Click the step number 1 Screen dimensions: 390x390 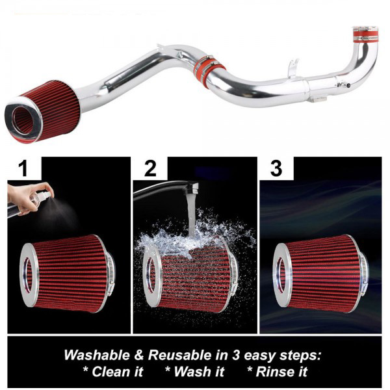click(x=23, y=168)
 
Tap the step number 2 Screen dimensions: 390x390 click(x=150, y=168)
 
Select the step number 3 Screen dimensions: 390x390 click(x=276, y=168)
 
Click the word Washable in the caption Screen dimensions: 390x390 click(x=97, y=355)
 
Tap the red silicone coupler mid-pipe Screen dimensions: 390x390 click(x=209, y=68)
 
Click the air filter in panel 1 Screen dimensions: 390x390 click(x=67, y=274)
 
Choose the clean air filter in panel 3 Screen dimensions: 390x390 click(x=321, y=274)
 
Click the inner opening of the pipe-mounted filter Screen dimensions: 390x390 click(x=23, y=121)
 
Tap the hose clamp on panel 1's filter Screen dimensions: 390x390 click(x=110, y=274)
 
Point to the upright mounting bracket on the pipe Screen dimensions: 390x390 click(x=294, y=68)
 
